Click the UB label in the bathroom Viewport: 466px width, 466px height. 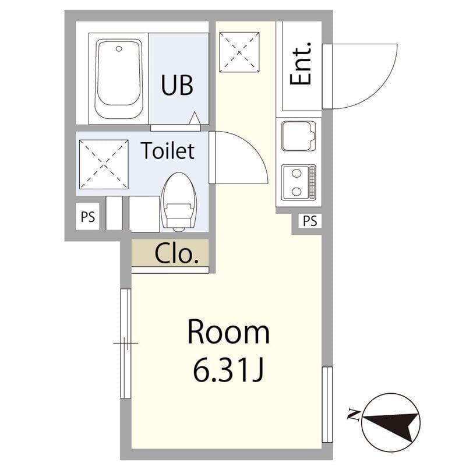pos(177,85)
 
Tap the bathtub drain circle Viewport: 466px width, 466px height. pos(119,49)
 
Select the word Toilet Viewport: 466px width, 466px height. pos(168,151)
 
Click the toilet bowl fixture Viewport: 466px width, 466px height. pos(179,202)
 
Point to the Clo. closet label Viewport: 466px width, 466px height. pos(176,253)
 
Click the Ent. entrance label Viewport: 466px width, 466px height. pos(301,63)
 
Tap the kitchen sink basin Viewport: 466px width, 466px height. pos(298,136)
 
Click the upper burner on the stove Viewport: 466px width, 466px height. pos(296,173)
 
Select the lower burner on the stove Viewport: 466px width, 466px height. pos(296,192)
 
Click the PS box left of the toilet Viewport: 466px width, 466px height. pos(87,217)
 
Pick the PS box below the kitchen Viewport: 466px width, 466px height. pos(310,221)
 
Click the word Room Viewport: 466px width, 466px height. pos(228,332)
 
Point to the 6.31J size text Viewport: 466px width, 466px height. pos(228,370)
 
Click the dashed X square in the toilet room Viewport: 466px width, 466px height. pos(104,164)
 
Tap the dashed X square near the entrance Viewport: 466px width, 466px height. pos(239,52)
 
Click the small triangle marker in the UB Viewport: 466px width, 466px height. pos(195,118)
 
